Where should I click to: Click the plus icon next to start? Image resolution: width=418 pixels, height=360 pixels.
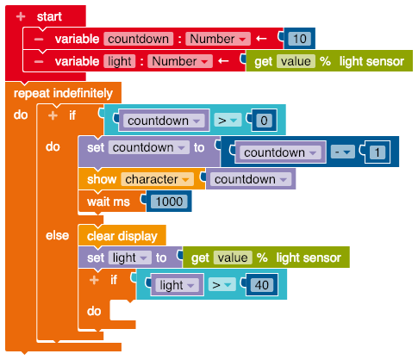click(x=21, y=16)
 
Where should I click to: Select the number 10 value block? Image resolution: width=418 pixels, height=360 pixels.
click(x=300, y=39)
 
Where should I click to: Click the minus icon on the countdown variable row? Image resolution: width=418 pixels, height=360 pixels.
click(x=39, y=39)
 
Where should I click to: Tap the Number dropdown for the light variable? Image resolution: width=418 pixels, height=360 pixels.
click(x=180, y=61)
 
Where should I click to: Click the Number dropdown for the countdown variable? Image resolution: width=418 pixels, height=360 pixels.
click(x=218, y=39)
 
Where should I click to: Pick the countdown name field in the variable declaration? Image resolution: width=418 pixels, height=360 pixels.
click(x=139, y=39)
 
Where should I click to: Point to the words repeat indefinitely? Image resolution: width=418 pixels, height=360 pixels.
click(x=63, y=93)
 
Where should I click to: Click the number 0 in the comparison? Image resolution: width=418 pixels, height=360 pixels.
click(x=264, y=121)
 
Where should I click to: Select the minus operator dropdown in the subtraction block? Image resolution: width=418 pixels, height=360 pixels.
click(x=343, y=152)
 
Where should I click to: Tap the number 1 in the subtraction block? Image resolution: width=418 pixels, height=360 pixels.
click(x=377, y=152)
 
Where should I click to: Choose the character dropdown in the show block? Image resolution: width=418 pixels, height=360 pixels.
click(x=157, y=179)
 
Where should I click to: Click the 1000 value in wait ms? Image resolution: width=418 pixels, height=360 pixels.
click(x=169, y=202)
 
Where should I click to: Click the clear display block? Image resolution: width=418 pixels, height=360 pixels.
click(x=122, y=236)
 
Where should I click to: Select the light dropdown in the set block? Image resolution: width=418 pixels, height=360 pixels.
click(x=129, y=258)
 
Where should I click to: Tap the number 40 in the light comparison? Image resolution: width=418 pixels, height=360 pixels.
click(x=262, y=285)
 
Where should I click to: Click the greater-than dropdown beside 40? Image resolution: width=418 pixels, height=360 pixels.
click(x=221, y=285)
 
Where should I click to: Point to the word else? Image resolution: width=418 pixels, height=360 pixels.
click(x=57, y=236)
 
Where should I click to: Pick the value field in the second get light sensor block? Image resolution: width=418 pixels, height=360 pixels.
click(x=233, y=258)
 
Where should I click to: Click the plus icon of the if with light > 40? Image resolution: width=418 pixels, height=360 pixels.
click(x=94, y=280)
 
